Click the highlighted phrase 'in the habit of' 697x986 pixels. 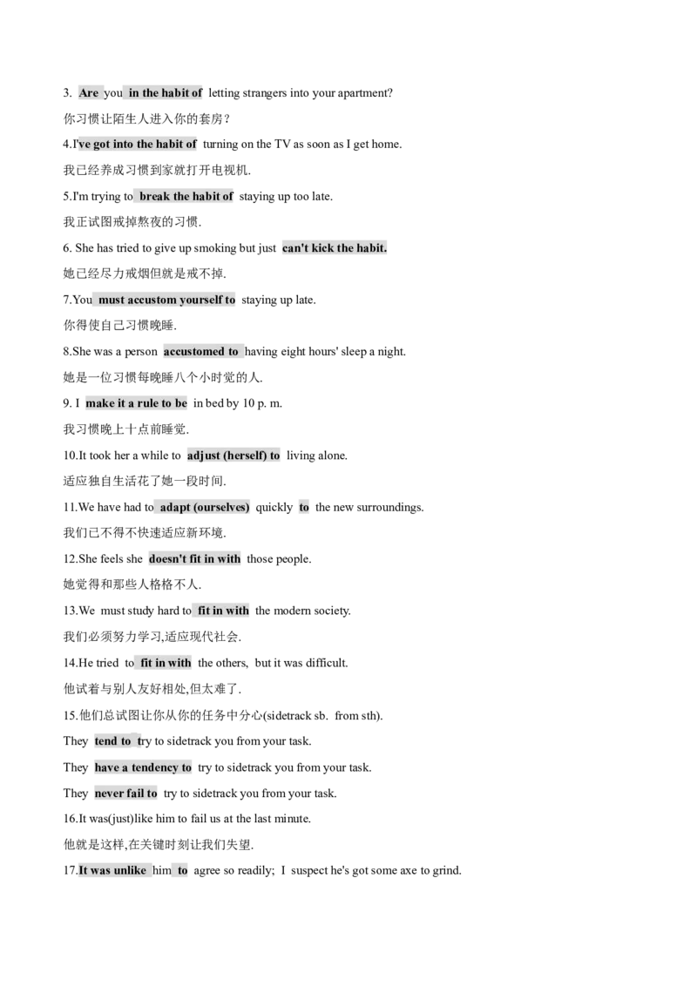click(166, 93)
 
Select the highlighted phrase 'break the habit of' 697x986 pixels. click(186, 196)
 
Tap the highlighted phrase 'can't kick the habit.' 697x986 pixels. click(335, 247)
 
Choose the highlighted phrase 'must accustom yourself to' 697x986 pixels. click(166, 300)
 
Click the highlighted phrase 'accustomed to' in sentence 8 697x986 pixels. click(200, 352)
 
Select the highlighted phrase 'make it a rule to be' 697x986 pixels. click(137, 403)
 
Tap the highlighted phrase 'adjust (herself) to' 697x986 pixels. click(233, 456)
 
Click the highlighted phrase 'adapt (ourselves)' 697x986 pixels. click(205, 507)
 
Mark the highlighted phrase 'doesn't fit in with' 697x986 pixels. click(195, 559)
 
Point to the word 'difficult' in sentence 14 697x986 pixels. click(327, 663)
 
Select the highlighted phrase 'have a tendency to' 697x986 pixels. click(143, 767)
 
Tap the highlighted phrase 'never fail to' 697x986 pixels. click(125, 793)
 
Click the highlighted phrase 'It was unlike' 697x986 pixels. click(112, 870)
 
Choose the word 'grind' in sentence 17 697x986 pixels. click(447, 871)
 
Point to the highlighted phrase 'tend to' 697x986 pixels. click(113, 740)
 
